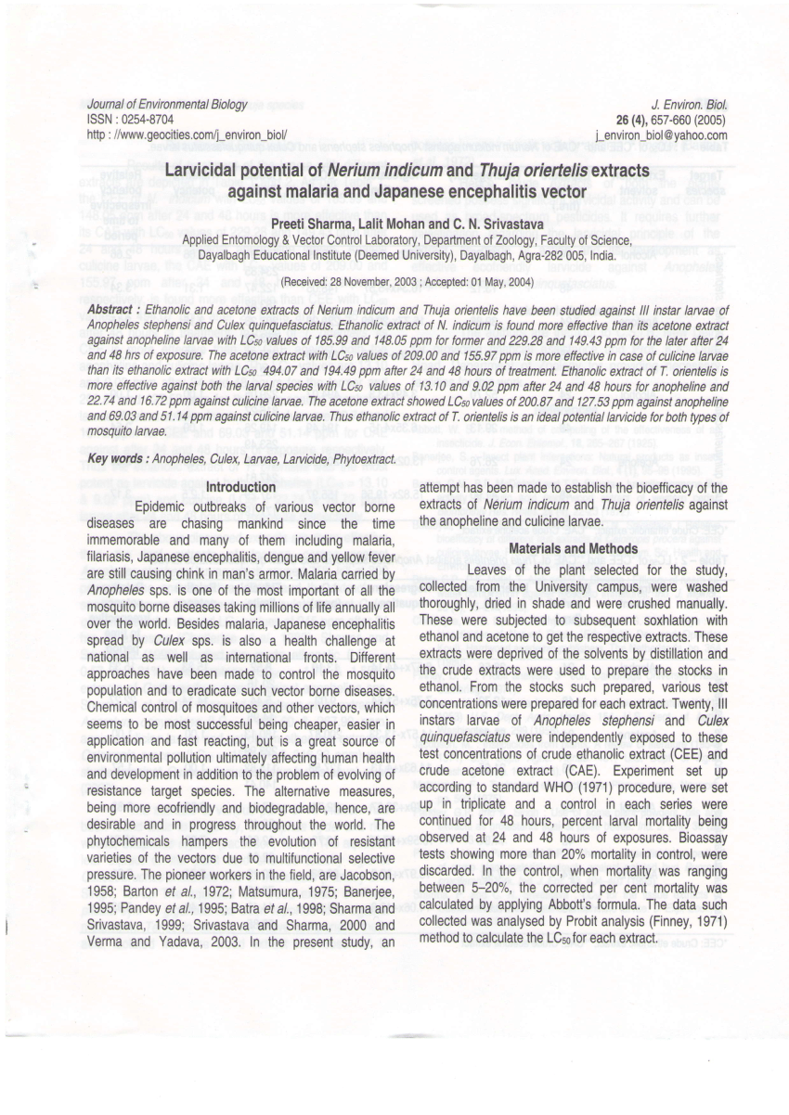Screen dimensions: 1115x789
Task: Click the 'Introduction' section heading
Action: [240, 487]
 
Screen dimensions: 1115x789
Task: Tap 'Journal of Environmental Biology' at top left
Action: [168, 105]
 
